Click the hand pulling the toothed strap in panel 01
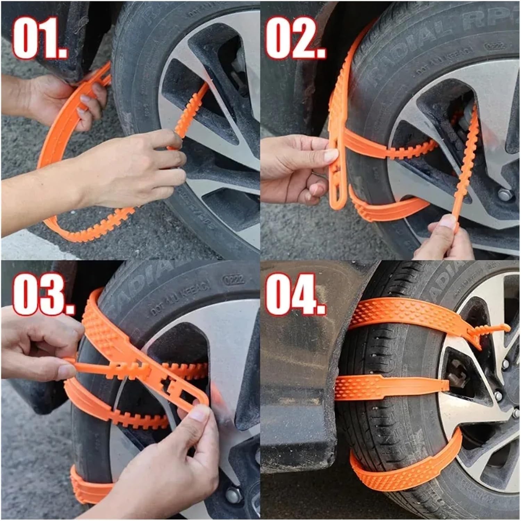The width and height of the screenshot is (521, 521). point(139,167)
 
